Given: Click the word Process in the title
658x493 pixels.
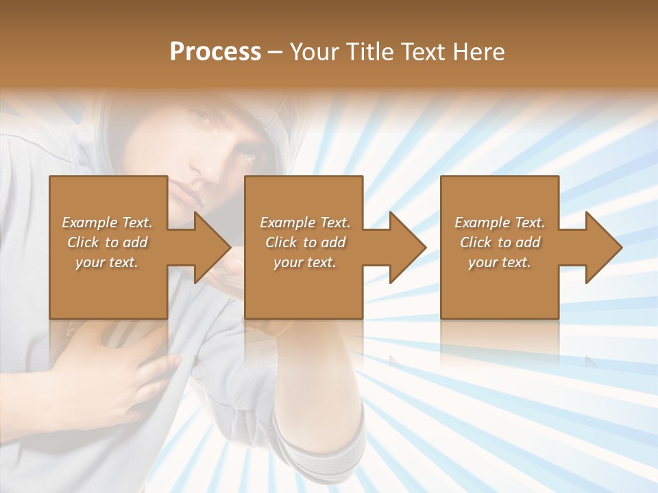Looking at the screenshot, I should coord(215,52).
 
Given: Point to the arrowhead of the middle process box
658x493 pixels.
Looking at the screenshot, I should coord(406,247).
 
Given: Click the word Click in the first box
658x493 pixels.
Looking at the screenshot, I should coord(83,242).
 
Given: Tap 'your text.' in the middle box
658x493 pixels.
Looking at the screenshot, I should coord(304,262).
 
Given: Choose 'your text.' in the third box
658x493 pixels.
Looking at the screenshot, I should coord(499,262).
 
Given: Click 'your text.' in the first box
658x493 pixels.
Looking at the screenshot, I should coord(106,262).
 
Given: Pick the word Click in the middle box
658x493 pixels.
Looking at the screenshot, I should coord(281,242).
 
